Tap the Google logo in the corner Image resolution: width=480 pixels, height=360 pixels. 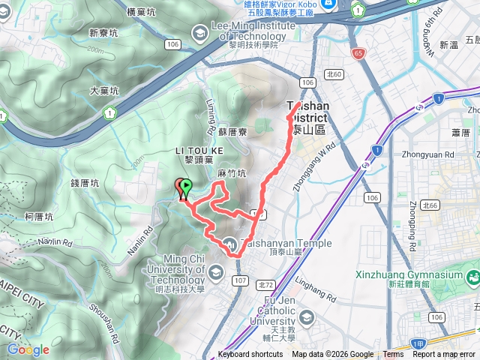28,349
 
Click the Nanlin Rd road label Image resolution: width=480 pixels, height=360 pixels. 56,243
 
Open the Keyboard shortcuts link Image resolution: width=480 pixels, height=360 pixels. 250,355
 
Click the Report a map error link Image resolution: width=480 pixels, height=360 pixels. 443,355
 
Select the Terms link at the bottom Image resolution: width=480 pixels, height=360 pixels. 393,355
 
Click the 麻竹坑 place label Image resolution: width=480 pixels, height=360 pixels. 232,173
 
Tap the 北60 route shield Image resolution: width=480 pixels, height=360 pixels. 334,73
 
